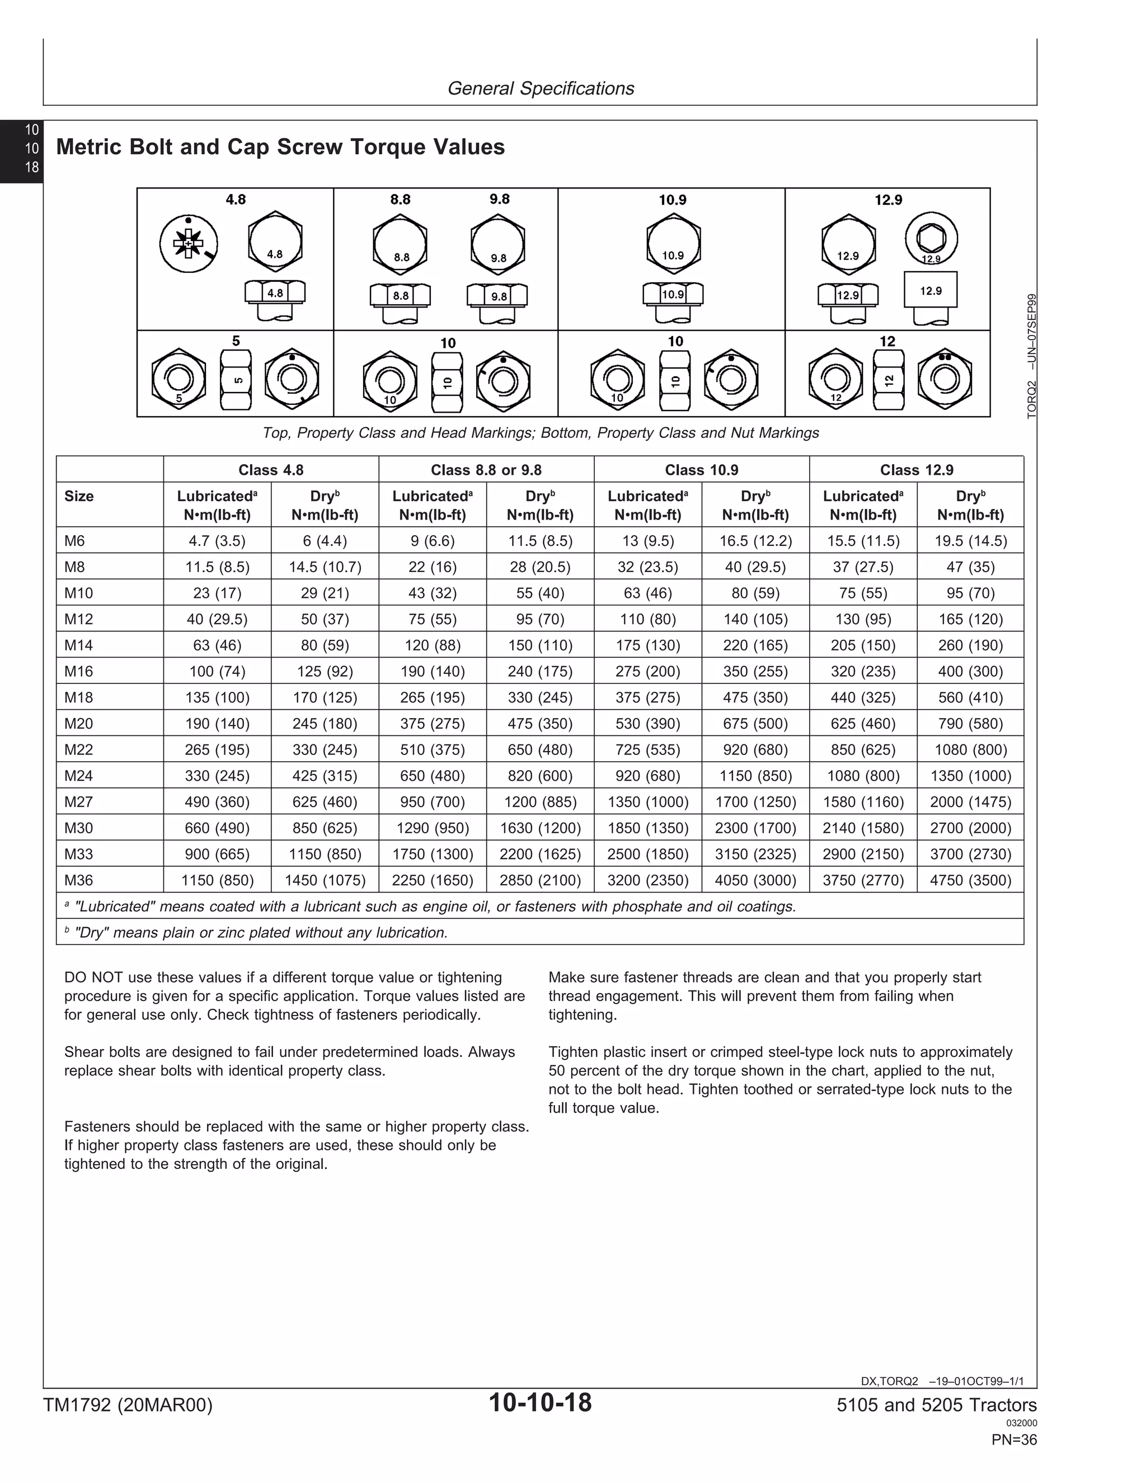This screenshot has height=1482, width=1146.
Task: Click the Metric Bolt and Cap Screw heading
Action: click(280, 147)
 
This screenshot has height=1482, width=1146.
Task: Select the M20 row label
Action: click(78, 723)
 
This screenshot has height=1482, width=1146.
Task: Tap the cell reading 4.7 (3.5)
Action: click(217, 541)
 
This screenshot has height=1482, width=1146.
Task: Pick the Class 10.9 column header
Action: click(701, 470)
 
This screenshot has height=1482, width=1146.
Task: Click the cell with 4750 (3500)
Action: click(970, 880)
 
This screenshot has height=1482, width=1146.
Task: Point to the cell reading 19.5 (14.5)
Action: click(970, 541)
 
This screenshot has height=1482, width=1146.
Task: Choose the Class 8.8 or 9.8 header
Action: click(486, 470)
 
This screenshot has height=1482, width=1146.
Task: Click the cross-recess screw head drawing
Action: click(189, 244)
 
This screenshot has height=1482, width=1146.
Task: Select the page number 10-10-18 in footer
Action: click(540, 1402)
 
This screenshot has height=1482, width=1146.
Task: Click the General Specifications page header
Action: click(541, 88)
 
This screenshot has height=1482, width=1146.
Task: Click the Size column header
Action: click(79, 496)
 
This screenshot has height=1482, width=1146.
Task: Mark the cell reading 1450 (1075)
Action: click(325, 880)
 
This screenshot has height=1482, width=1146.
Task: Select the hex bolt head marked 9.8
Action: click(497, 243)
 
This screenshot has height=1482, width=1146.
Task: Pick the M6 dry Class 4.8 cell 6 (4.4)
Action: click(325, 541)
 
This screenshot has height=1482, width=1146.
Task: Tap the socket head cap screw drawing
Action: click(931, 239)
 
